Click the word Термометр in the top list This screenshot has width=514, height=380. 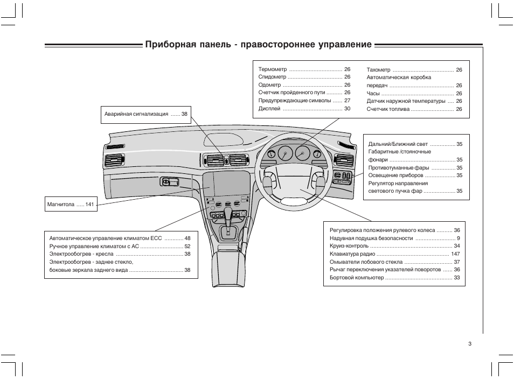click(x=272, y=70)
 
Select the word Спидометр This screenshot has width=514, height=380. click(x=273, y=78)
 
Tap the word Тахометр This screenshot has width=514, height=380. click(x=378, y=70)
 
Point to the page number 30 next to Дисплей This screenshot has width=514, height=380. click(x=347, y=109)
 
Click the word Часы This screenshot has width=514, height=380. click(x=373, y=93)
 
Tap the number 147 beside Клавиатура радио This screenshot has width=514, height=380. click(x=455, y=254)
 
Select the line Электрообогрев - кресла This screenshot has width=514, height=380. click(x=82, y=254)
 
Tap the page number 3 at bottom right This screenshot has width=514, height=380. click(x=470, y=344)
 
